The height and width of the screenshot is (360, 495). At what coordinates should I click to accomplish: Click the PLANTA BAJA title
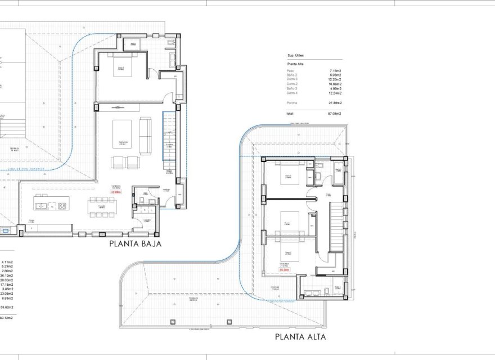click(136, 244)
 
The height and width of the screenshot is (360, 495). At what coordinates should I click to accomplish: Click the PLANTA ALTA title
click(300, 337)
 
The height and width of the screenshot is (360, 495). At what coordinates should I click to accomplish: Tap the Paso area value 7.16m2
click(335, 71)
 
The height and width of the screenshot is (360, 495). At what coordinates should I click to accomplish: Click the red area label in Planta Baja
click(116, 192)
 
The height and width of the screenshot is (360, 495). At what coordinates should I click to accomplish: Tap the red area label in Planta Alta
click(285, 270)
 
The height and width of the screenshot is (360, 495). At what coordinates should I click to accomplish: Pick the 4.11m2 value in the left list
click(7, 262)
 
